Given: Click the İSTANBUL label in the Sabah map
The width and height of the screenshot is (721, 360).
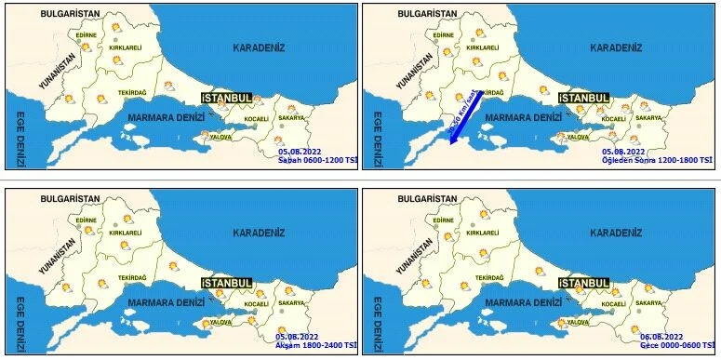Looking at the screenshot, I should (227, 98).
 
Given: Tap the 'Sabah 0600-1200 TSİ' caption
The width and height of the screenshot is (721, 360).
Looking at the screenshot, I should (317, 160).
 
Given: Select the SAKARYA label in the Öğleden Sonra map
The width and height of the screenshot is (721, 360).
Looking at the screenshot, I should (648, 118).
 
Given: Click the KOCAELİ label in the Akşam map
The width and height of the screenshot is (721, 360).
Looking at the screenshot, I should (256, 304).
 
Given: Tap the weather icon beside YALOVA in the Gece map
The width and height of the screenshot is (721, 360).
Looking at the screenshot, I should (560, 323).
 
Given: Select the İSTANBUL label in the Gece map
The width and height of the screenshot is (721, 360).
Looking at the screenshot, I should (583, 282).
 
